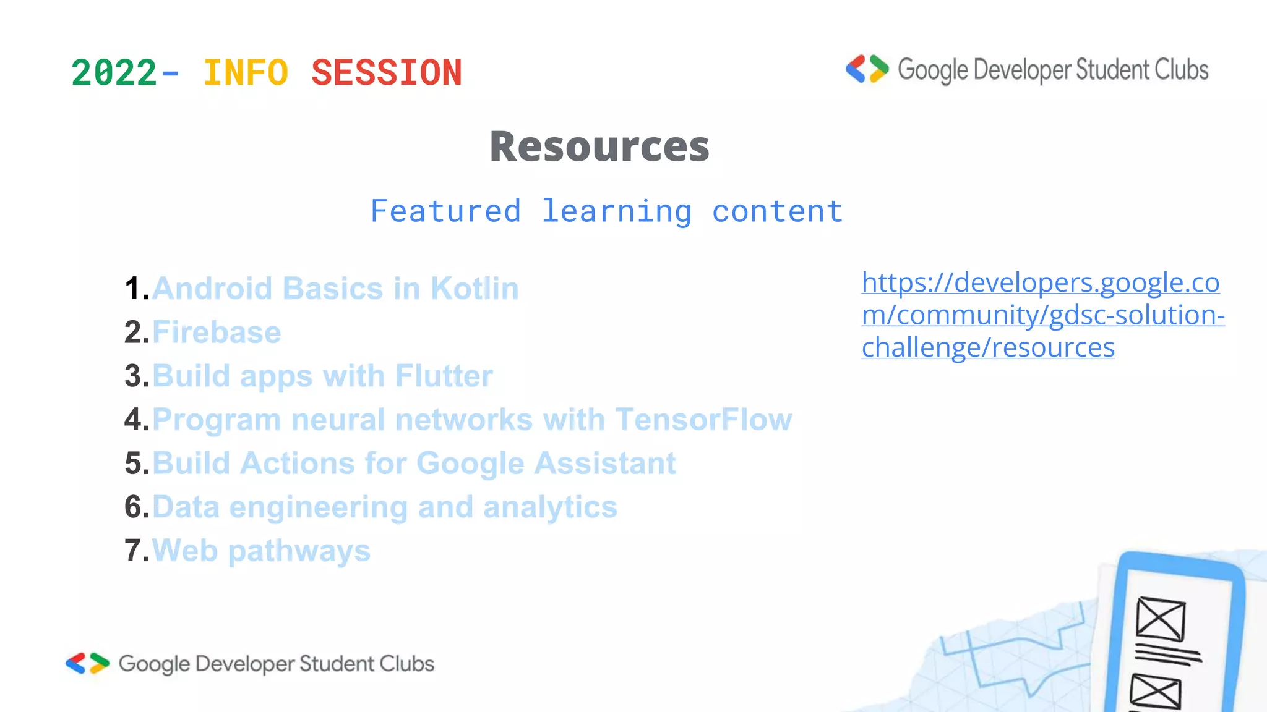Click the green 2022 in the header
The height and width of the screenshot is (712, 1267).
114,73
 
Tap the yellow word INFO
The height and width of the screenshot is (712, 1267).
246,73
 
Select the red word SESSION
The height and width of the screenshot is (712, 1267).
387,73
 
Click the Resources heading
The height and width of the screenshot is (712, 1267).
599,147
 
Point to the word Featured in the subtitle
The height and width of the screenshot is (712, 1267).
445,211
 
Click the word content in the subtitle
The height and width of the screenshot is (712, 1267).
777,211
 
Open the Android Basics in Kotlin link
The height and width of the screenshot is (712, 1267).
335,289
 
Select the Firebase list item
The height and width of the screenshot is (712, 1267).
217,333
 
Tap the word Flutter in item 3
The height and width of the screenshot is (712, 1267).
444,376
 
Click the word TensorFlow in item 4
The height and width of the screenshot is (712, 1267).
703,420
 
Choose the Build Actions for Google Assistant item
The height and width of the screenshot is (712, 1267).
414,464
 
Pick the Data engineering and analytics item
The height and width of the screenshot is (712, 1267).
384,507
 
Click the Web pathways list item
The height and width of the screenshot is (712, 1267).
261,551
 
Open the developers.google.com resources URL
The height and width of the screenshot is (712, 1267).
1042,315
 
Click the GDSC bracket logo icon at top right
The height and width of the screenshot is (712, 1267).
867,69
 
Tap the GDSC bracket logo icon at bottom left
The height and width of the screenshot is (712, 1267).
87,663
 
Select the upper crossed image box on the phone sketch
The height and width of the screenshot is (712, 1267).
1160,619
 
